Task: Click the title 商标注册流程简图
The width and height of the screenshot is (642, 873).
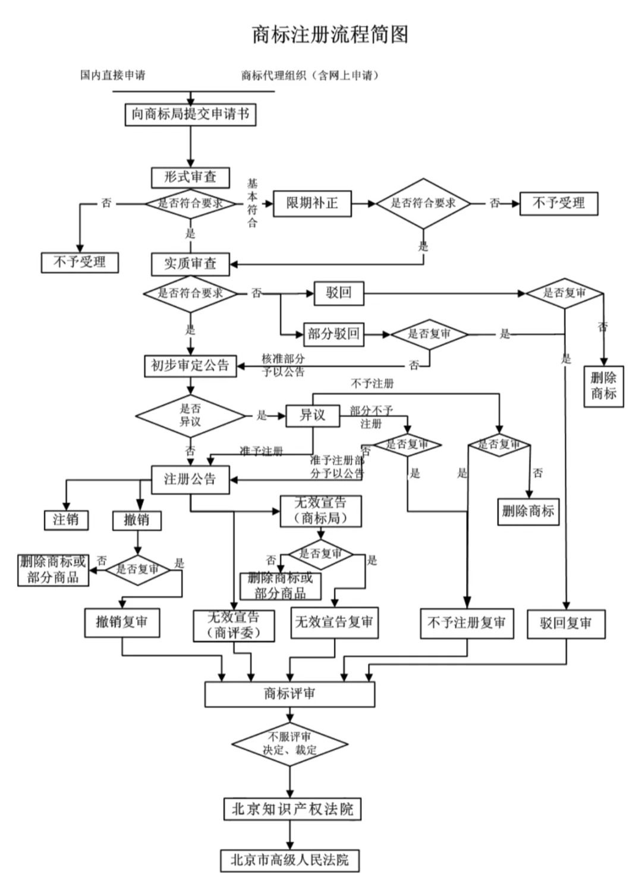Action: click(x=330, y=35)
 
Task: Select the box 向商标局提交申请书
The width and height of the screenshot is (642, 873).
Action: click(x=190, y=114)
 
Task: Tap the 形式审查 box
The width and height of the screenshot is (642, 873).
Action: click(x=190, y=177)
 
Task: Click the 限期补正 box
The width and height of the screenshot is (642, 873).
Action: click(x=312, y=204)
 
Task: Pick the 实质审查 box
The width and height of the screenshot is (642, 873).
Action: click(x=190, y=264)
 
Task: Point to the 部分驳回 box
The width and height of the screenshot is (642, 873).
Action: click(x=333, y=334)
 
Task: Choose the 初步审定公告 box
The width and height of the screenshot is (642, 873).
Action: click(x=190, y=365)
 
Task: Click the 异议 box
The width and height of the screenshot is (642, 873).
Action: click(x=313, y=415)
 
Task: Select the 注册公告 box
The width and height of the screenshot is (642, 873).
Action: click(x=190, y=479)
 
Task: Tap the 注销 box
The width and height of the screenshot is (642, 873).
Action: click(x=66, y=520)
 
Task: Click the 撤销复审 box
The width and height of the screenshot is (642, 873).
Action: click(x=122, y=622)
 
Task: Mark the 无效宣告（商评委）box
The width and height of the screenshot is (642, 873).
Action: click(x=234, y=625)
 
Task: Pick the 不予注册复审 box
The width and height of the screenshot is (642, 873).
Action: click(x=467, y=623)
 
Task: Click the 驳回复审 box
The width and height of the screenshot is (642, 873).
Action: click(x=566, y=624)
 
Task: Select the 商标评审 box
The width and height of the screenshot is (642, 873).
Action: click(x=289, y=694)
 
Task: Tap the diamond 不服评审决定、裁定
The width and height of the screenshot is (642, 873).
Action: click(x=289, y=744)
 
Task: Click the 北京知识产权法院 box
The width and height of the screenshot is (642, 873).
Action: click(x=292, y=809)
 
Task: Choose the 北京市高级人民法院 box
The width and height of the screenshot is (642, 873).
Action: click(x=290, y=860)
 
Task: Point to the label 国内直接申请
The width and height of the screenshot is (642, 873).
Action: click(x=113, y=76)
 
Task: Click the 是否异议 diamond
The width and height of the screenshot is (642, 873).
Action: click(x=190, y=415)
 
